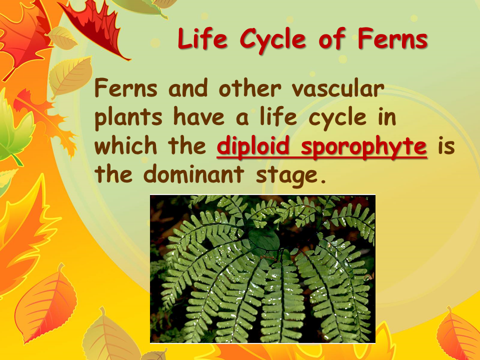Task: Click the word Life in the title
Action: click(x=202, y=38)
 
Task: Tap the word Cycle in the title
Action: click(x=273, y=40)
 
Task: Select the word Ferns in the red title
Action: click(x=393, y=38)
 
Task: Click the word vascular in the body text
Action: click(x=337, y=88)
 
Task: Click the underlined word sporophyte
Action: click(x=364, y=147)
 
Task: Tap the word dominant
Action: click(x=193, y=174)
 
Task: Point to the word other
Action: click(x=250, y=88)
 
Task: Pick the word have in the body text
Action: click(x=199, y=116)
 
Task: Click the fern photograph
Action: click(x=262, y=269)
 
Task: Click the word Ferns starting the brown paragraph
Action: click(x=126, y=88)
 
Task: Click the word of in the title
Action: click(x=332, y=38)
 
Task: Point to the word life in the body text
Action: click(x=278, y=116)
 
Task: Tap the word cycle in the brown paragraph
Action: click(x=337, y=119)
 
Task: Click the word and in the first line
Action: click(x=188, y=88)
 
